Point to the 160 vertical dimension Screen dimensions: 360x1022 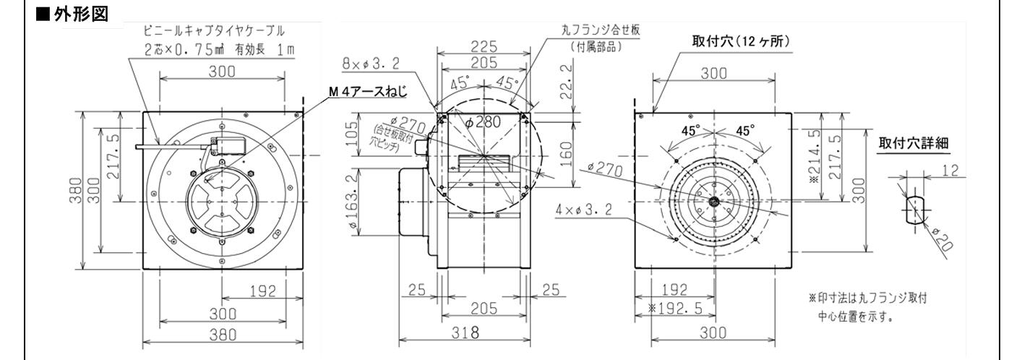pos(564,154)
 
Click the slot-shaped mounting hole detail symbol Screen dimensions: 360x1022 pos(914,209)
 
